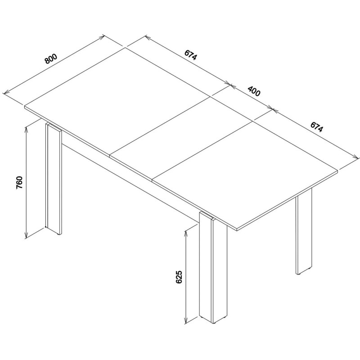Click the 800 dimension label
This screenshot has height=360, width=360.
[51, 59]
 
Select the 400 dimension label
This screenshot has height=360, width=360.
[254, 91]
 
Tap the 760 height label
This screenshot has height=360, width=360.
[19, 183]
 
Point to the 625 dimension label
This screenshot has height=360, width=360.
[179, 277]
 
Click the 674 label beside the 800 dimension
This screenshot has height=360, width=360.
[190, 55]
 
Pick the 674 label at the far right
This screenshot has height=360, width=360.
[317, 127]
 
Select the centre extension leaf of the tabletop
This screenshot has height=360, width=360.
[181, 138]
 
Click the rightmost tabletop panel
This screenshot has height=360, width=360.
[246, 175]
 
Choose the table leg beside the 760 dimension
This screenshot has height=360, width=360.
[54, 179]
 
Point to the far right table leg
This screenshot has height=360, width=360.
[304, 232]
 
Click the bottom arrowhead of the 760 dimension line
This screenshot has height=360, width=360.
[26, 234]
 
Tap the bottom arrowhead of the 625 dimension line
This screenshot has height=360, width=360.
[186, 320]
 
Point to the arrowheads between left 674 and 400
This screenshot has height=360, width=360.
[230, 84]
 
